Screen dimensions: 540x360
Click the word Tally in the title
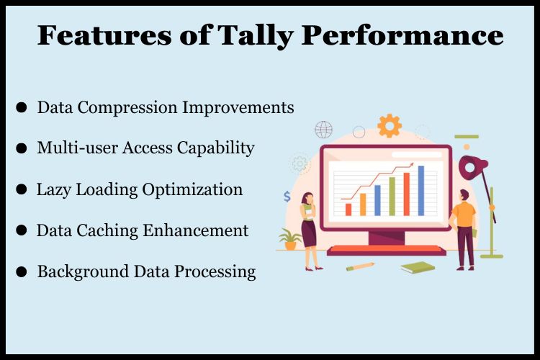point(256,36)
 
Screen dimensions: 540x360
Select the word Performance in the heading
point(402,35)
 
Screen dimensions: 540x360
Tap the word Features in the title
point(104,35)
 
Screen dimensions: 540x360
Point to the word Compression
point(127,108)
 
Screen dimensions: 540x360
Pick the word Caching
point(107,230)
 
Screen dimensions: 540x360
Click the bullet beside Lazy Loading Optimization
point(22,189)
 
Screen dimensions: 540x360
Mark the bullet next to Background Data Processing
point(22,271)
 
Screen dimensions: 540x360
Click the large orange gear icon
point(390,126)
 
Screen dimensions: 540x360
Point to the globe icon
point(324,130)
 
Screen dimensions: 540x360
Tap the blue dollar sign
point(287,197)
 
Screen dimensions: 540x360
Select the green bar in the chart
point(392,197)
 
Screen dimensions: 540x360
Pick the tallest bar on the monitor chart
point(421,191)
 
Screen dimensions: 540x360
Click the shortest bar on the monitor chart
point(348,210)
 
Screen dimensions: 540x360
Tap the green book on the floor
point(418,267)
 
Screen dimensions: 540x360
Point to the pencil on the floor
point(360,266)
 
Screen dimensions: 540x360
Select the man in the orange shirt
point(464,230)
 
